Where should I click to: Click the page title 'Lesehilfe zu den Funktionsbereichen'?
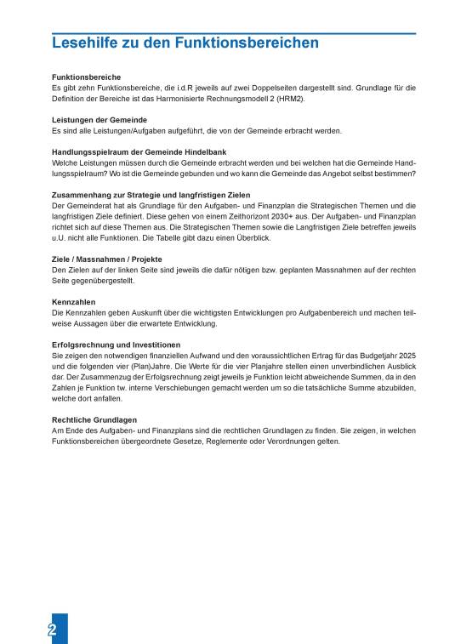coord(185,43)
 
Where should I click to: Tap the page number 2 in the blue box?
coord(53,630)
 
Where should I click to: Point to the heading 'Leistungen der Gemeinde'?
coord(99,120)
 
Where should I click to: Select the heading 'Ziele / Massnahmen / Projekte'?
coord(107,259)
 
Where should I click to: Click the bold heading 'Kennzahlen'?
coord(73,301)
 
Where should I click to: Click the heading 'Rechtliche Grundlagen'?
coord(94,419)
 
